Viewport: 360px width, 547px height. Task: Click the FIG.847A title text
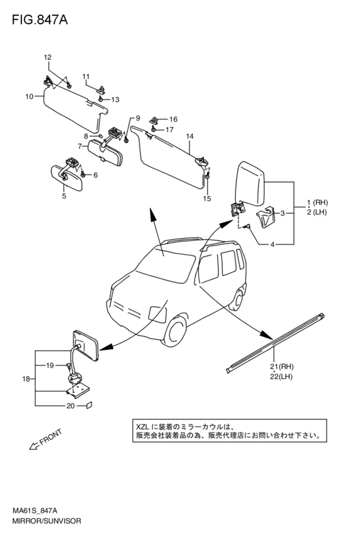[x=40, y=20]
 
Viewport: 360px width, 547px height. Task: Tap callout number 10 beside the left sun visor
[x=29, y=96]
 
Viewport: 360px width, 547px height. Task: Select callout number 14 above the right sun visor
[x=190, y=136]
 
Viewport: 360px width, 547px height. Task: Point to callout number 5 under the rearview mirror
[x=64, y=196]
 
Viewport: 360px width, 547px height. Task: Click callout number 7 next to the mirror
[x=80, y=146]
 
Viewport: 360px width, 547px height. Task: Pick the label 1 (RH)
[x=317, y=202]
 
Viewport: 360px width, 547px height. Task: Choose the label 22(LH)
[x=281, y=377]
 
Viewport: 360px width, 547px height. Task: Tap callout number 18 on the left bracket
[x=26, y=379]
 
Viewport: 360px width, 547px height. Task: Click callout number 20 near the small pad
[x=71, y=406]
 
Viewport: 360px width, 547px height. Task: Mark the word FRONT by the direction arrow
[x=51, y=436]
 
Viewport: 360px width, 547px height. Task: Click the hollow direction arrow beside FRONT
[x=34, y=445]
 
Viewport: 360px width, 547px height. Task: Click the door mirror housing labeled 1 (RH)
[x=251, y=184]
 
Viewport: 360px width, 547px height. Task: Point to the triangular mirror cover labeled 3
[x=265, y=217]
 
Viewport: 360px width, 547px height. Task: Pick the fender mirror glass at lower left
[x=85, y=345]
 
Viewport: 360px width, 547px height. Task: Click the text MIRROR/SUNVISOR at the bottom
[x=46, y=521]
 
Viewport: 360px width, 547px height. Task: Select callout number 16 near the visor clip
[x=174, y=120]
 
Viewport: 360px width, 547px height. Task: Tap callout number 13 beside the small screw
[x=115, y=100]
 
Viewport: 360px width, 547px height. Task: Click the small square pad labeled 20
[x=89, y=405]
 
